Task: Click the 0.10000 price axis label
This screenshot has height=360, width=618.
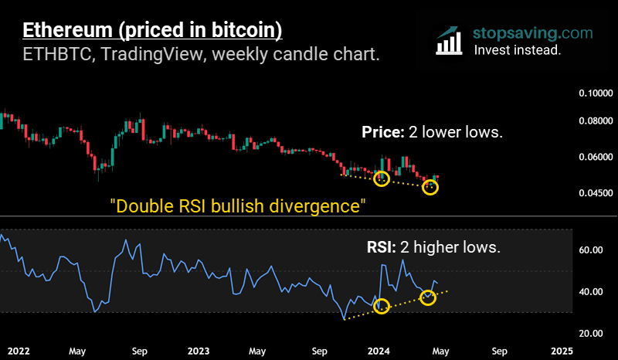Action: tap(595, 93)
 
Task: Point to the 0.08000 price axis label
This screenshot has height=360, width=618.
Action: tap(595, 121)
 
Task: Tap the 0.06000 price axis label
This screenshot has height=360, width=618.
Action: tap(595, 157)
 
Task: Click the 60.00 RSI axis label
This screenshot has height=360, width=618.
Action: tap(590, 250)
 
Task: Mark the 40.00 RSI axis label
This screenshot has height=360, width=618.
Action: tap(590, 292)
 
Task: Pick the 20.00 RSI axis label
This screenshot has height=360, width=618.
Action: tap(590, 333)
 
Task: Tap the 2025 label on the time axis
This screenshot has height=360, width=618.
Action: tap(562, 351)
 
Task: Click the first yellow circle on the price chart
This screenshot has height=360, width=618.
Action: tap(381, 178)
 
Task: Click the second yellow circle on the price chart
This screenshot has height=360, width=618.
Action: tap(430, 187)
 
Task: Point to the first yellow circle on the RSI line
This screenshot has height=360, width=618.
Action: tap(381, 306)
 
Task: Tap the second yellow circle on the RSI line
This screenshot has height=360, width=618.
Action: tap(428, 297)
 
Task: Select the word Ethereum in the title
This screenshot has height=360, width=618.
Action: tap(70, 31)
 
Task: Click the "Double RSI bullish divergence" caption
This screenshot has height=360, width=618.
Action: tap(237, 207)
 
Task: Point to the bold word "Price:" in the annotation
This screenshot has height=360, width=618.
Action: tap(382, 132)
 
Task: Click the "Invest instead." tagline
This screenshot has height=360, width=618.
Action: tap(517, 49)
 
